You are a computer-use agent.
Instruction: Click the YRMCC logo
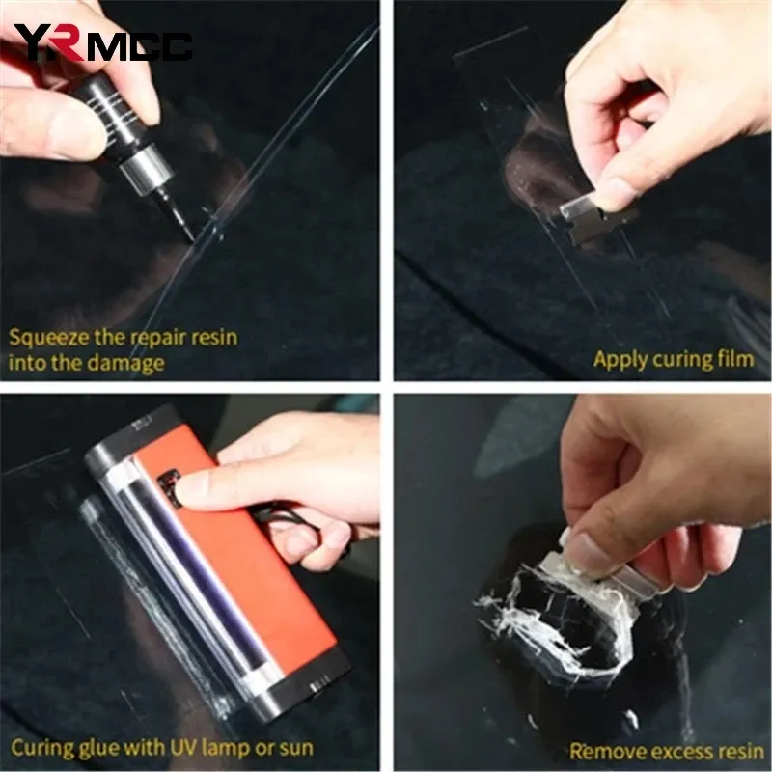pyautogui.click(x=102, y=42)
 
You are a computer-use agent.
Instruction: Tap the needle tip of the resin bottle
pyautogui.click(x=191, y=240)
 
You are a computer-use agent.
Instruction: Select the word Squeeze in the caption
pyautogui.click(x=49, y=339)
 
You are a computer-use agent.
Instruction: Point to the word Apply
pyautogui.click(x=619, y=360)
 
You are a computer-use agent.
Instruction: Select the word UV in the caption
pyautogui.click(x=183, y=747)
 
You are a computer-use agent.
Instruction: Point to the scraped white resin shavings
pyautogui.click(x=546, y=620)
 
